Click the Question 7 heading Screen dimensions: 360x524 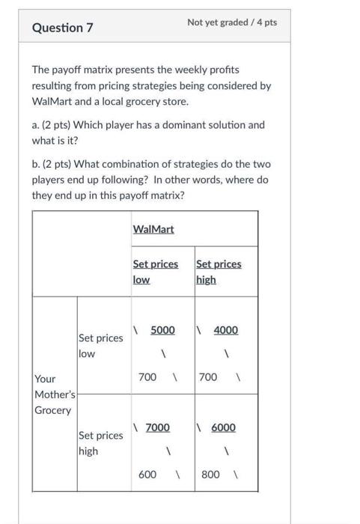click(63, 28)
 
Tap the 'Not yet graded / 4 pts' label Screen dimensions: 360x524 click(232, 22)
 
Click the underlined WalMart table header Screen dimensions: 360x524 click(153, 228)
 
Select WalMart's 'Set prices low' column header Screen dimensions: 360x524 click(155, 272)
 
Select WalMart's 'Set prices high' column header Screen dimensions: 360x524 click(218, 272)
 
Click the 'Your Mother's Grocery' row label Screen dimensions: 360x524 click(53, 394)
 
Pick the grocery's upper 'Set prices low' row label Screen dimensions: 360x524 click(100, 345)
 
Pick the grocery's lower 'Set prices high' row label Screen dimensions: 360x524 click(100, 442)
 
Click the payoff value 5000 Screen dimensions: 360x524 click(162, 329)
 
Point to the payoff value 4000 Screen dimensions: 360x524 click(225, 329)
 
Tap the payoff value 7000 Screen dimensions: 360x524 click(157, 427)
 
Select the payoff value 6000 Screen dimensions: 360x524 click(222, 427)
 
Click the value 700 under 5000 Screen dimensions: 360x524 click(147, 377)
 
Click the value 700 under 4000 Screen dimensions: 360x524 click(209, 377)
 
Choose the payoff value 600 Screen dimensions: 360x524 click(148, 474)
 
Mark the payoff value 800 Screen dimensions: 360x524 click(210, 474)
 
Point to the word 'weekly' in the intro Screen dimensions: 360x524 click(188, 69)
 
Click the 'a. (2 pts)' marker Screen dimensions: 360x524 click(55, 124)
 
